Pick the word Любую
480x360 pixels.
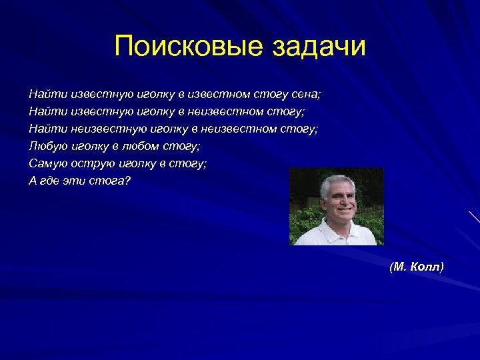click(x=45, y=145)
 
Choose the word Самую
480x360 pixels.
click(x=45, y=163)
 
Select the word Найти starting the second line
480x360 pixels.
click(x=43, y=111)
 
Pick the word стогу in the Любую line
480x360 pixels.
click(x=184, y=145)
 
